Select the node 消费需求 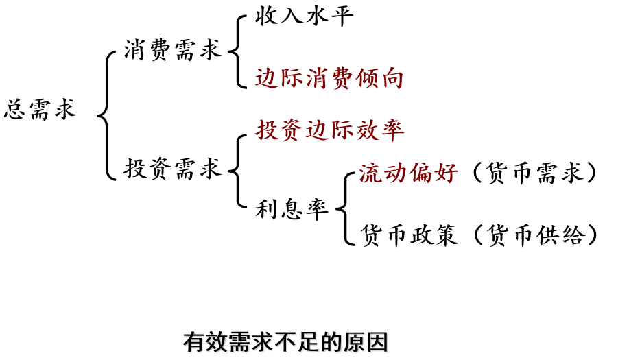coord(173,50)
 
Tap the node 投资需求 coord(173,168)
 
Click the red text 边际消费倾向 coord(329,79)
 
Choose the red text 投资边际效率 coord(330,130)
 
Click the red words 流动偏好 coord(408,173)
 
